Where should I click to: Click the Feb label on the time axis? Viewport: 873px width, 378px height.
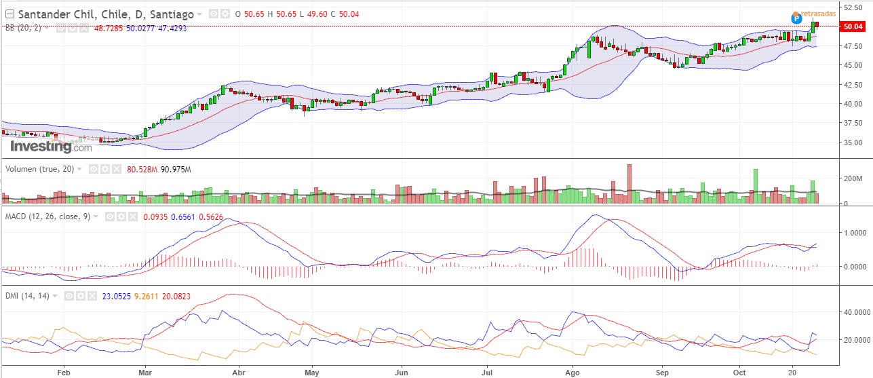click(64, 372)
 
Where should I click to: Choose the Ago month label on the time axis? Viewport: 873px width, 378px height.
click(573, 372)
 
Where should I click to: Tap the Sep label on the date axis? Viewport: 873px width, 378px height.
click(663, 372)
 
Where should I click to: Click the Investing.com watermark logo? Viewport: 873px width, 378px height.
click(50, 147)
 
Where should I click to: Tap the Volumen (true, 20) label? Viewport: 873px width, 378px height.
click(40, 169)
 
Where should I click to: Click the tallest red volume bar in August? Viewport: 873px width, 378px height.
click(629, 183)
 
